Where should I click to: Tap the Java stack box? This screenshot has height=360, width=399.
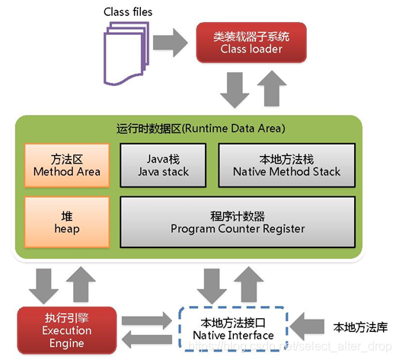point(162,165)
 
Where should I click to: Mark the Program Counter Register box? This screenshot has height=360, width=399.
point(237,221)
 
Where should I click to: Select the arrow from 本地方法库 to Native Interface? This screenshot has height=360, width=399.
point(312,328)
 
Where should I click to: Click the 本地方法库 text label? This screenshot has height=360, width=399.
point(361,327)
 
